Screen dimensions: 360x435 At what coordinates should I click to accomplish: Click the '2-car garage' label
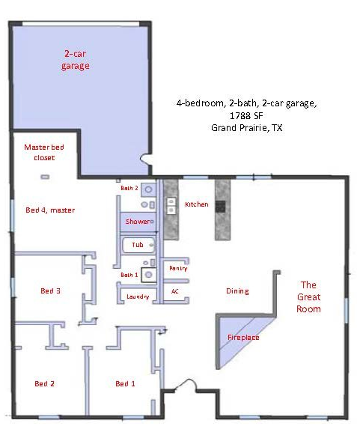[75, 60]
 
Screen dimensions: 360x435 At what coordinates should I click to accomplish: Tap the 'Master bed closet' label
[44, 152]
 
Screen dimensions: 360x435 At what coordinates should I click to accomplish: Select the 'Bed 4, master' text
[50, 210]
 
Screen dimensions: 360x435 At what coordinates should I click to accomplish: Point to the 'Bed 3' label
[50, 290]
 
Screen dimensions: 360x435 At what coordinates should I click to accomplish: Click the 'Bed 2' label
[44, 383]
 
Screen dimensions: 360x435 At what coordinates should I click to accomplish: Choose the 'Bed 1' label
[125, 383]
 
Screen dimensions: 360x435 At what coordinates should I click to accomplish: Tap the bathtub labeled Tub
[138, 245]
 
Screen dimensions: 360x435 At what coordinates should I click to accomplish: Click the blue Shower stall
[138, 222]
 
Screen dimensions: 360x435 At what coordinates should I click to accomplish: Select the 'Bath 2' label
[129, 188]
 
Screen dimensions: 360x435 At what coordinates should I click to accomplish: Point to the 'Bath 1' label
[129, 275]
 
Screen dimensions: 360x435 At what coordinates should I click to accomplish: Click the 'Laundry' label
[138, 296]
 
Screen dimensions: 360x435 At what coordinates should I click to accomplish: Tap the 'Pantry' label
[178, 268]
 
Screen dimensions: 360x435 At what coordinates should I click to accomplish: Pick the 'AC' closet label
[174, 291]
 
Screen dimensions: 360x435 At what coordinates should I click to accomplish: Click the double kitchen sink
[171, 206]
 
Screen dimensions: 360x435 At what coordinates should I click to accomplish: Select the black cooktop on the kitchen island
[221, 207]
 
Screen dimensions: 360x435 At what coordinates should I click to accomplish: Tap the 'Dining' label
[237, 291]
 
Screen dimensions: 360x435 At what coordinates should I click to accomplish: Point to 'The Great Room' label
[308, 296]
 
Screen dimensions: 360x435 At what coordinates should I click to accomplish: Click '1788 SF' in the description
[246, 115]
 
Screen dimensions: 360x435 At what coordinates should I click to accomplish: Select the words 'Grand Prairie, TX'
[246, 127]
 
